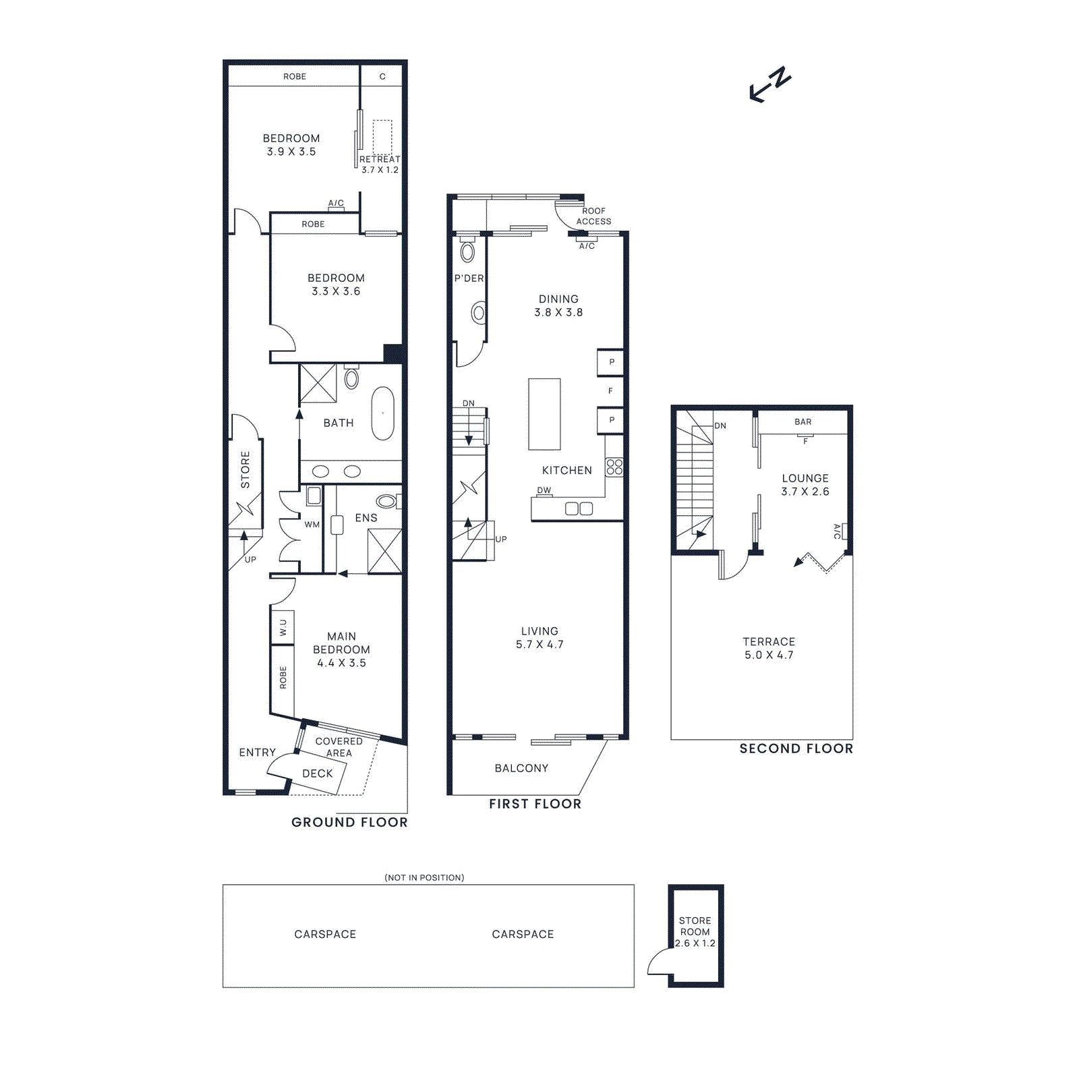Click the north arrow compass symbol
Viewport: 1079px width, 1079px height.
pyautogui.click(x=770, y=84)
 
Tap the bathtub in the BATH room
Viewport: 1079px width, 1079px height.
pyautogui.click(x=382, y=413)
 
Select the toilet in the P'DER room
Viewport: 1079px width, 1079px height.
pyautogui.click(x=467, y=252)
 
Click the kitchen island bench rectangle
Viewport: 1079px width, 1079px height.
pyautogui.click(x=544, y=413)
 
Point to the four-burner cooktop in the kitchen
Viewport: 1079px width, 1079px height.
pyautogui.click(x=614, y=467)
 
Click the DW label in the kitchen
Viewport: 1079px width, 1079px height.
pyautogui.click(x=544, y=490)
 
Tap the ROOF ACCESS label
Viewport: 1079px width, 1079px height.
pyautogui.click(x=593, y=216)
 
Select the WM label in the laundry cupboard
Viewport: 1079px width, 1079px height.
pyautogui.click(x=312, y=524)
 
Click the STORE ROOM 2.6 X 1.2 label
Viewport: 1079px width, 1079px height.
pyautogui.click(x=695, y=931)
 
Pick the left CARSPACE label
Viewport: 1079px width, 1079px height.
pyautogui.click(x=324, y=934)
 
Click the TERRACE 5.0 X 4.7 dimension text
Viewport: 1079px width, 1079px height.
pyautogui.click(x=769, y=655)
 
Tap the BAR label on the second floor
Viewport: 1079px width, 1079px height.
pyautogui.click(x=803, y=421)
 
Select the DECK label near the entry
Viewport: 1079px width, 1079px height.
pyautogui.click(x=317, y=774)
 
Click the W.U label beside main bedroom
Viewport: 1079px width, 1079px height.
pyautogui.click(x=283, y=627)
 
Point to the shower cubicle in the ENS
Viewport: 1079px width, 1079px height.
pyautogui.click(x=384, y=551)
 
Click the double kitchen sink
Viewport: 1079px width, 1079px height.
pyautogui.click(x=578, y=508)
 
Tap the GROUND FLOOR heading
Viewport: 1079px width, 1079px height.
pyautogui.click(x=349, y=822)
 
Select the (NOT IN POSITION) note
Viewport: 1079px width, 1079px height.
pyautogui.click(x=424, y=877)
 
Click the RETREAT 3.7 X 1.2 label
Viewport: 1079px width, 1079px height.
pyautogui.click(x=380, y=164)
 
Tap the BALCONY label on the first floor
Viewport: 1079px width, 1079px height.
pyautogui.click(x=521, y=768)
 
